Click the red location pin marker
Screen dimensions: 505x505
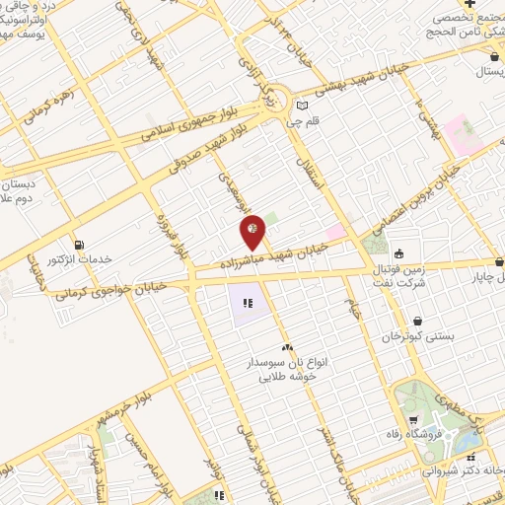(x=253, y=231)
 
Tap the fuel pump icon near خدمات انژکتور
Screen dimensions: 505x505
(x=79, y=245)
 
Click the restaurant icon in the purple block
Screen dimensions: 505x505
(x=248, y=302)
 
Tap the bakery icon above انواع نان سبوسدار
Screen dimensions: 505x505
(x=287, y=347)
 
